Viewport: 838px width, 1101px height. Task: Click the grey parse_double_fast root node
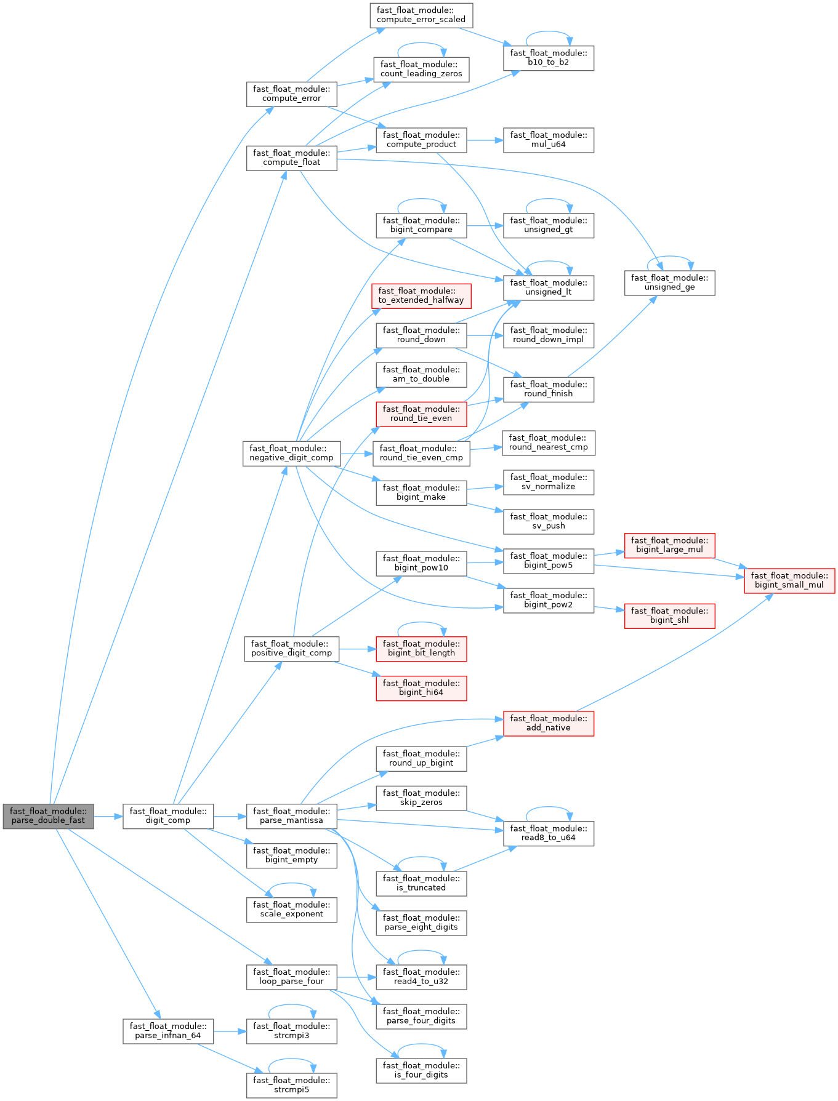pos(48,816)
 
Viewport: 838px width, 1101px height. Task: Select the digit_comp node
pos(168,816)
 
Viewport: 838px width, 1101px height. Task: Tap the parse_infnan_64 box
pos(168,1031)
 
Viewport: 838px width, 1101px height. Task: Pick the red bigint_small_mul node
pos(789,580)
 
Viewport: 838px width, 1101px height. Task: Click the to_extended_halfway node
pos(421,295)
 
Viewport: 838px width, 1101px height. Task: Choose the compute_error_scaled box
pos(421,15)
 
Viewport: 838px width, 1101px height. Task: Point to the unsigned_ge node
pos(669,282)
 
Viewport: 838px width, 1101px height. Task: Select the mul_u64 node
pos(548,140)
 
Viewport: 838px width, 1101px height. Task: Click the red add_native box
pos(548,723)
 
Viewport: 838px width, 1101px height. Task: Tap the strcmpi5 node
pos(291,1085)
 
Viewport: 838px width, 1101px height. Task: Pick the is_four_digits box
pos(421,1070)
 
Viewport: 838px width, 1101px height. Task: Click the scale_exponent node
pos(291,910)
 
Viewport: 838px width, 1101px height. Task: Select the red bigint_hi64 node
pos(421,688)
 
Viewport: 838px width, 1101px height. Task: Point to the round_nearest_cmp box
pos(548,442)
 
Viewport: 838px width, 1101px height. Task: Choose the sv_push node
pos(548,521)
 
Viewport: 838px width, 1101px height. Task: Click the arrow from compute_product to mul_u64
pos(485,140)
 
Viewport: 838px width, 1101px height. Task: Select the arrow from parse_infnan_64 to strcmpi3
pos(230,1031)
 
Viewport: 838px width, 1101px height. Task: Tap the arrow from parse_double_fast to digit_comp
pos(108,817)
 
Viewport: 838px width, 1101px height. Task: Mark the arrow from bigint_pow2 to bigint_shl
pos(610,609)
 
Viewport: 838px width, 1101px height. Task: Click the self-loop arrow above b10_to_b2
pos(548,32)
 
